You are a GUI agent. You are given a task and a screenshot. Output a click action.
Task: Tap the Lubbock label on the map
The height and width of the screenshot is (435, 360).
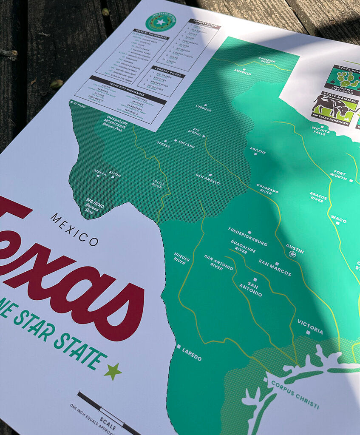pos(204,108)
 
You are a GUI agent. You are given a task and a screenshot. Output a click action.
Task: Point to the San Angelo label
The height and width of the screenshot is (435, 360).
pos(208,179)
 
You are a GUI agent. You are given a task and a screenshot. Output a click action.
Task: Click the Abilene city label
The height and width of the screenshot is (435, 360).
pos(258,150)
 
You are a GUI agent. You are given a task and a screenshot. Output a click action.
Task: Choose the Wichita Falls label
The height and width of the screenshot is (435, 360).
pos(320,130)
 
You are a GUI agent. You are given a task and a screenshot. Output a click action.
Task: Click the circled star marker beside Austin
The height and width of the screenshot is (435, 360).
pos(292,254)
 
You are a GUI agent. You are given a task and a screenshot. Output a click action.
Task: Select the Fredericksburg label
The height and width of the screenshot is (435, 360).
pos(247,236)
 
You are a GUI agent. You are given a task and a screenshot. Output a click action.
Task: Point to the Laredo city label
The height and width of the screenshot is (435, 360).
pos(192,354)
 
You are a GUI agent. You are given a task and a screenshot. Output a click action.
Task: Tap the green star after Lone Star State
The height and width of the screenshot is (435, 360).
pos(113,371)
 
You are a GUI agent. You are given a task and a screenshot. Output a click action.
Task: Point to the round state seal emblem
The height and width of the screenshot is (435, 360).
pos(160,22)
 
